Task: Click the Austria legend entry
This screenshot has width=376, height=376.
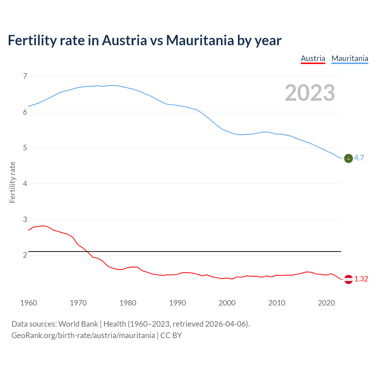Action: [313, 59]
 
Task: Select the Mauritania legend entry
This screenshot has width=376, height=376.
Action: [350, 59]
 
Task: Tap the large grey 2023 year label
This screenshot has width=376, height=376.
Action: [310, 93]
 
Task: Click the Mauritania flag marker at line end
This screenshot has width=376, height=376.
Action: [348, 158]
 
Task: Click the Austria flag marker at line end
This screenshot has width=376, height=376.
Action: [348, 279]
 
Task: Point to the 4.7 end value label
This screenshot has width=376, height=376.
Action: [359, 158]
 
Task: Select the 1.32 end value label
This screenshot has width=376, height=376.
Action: [361, 279]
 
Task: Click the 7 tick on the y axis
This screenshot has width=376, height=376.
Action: [25, 76]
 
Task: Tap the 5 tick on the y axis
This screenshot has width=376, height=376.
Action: [25, 148]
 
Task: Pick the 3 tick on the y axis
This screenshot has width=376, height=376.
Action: [25, 219]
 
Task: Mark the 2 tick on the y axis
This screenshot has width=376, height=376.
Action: [25, 255]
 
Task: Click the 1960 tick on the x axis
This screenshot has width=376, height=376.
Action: [28, 303]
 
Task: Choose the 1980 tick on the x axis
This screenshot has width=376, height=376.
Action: [128, 303]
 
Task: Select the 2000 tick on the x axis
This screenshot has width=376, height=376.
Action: [227, 303]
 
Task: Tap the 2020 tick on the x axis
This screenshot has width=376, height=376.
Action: [326, 303]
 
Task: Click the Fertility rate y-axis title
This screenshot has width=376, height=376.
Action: [12, 182]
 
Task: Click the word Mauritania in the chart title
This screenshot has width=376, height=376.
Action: [200, 40]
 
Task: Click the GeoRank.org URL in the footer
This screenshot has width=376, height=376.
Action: [83, 335]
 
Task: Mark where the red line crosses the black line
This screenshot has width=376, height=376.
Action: [87, 251]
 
